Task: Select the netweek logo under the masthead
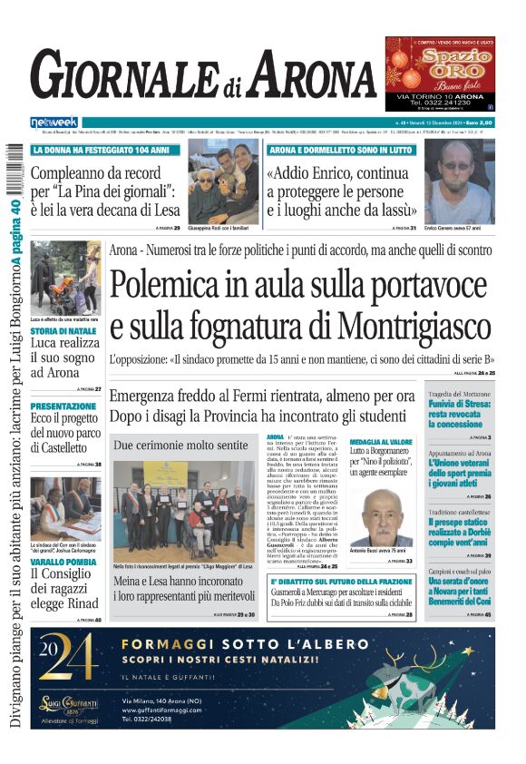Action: point(54,122)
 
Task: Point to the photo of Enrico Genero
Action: point(459,181)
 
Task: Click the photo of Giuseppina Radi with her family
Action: point(223,181)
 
